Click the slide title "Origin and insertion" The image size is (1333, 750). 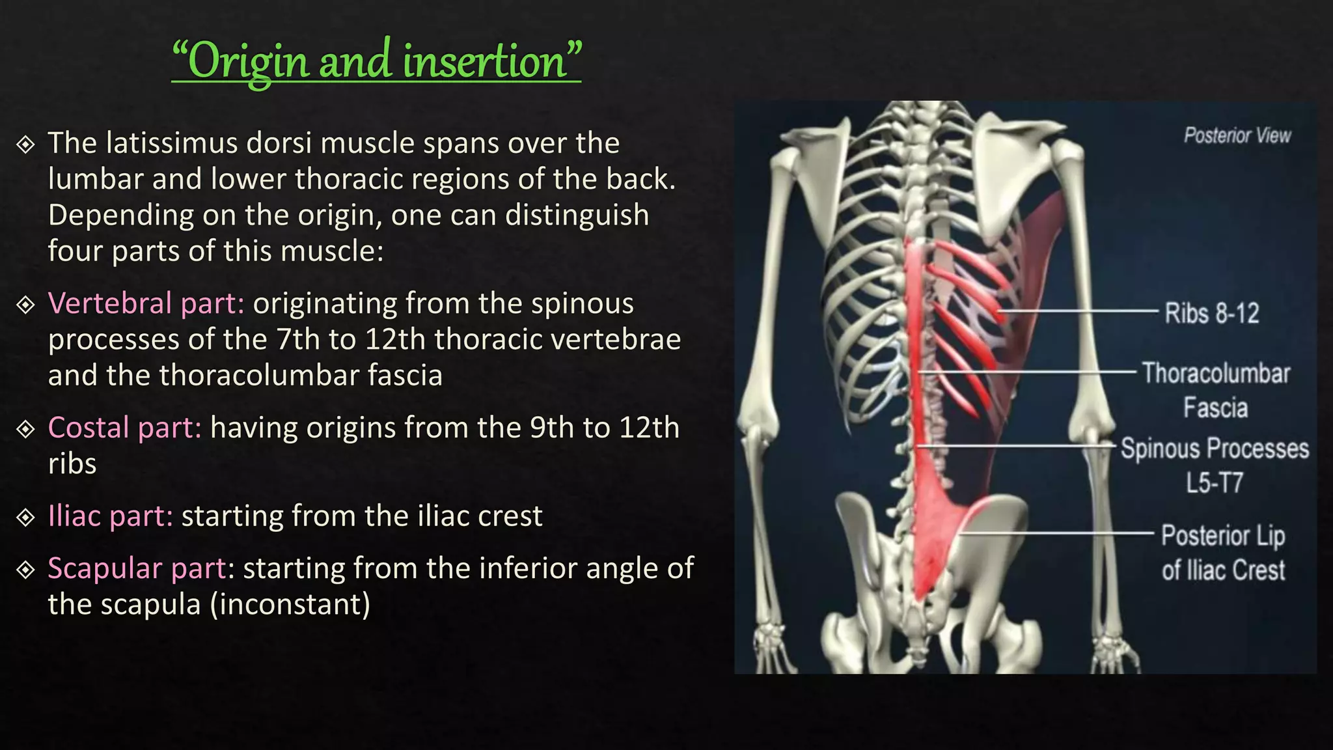376,61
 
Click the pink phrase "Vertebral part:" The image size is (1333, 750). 146,303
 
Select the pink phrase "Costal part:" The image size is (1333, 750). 124,428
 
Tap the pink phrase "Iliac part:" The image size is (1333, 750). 111,516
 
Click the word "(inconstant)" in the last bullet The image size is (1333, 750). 290,604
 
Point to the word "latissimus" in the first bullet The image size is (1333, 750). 172,143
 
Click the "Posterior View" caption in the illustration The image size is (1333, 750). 1237,135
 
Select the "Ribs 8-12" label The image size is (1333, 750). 1211,313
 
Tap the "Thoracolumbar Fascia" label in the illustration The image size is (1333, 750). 1216,390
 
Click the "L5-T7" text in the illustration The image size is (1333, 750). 1214,483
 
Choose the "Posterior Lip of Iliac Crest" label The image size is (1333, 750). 1223,553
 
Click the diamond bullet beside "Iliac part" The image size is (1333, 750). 25,517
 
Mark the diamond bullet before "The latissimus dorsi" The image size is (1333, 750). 25,144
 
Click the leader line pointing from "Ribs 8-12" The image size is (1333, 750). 1080,312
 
